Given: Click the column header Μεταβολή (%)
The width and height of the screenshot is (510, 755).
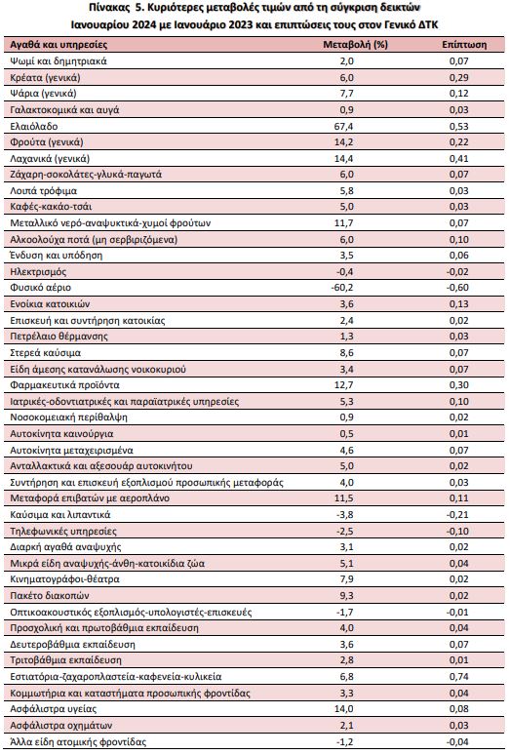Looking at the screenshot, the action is point(355,45).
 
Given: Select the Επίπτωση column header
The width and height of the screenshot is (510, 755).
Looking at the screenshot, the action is point(464,45).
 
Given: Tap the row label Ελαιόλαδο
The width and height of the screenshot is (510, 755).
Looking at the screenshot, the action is point(34,126).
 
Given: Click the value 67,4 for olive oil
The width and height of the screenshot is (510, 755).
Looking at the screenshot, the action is point(346,126).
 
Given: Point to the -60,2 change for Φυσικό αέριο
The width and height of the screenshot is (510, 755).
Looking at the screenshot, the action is point(342,288).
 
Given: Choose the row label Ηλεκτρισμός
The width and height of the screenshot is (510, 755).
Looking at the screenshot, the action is point(38,271).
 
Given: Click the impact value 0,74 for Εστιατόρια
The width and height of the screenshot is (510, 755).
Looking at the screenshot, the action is point(459,677).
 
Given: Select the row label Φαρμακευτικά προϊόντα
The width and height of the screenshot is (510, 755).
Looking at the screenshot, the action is point(65,384).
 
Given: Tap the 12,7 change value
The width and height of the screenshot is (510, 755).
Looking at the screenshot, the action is point(346,384).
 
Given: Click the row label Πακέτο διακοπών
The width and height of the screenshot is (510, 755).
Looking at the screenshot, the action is point(50,596).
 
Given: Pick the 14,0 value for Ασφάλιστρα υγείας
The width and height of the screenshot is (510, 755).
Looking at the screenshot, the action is point(346,709).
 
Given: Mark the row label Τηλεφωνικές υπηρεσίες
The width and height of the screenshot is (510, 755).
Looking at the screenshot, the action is point(63,531).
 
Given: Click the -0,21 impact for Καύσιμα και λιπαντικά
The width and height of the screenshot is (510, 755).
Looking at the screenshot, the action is point(457,515).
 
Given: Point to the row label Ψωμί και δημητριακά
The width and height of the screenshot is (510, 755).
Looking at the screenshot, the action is point(59,61).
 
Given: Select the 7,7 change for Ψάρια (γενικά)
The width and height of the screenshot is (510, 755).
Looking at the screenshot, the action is point(347,94).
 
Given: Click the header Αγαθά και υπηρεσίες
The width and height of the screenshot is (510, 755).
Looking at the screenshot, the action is point(59,45).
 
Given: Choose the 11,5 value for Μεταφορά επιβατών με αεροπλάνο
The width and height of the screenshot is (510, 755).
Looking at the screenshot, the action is point(346,498).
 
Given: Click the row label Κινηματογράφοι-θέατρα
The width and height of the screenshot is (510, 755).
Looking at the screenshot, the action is point(65,579).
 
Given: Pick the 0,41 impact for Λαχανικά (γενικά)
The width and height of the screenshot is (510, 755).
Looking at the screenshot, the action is point(459,158).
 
